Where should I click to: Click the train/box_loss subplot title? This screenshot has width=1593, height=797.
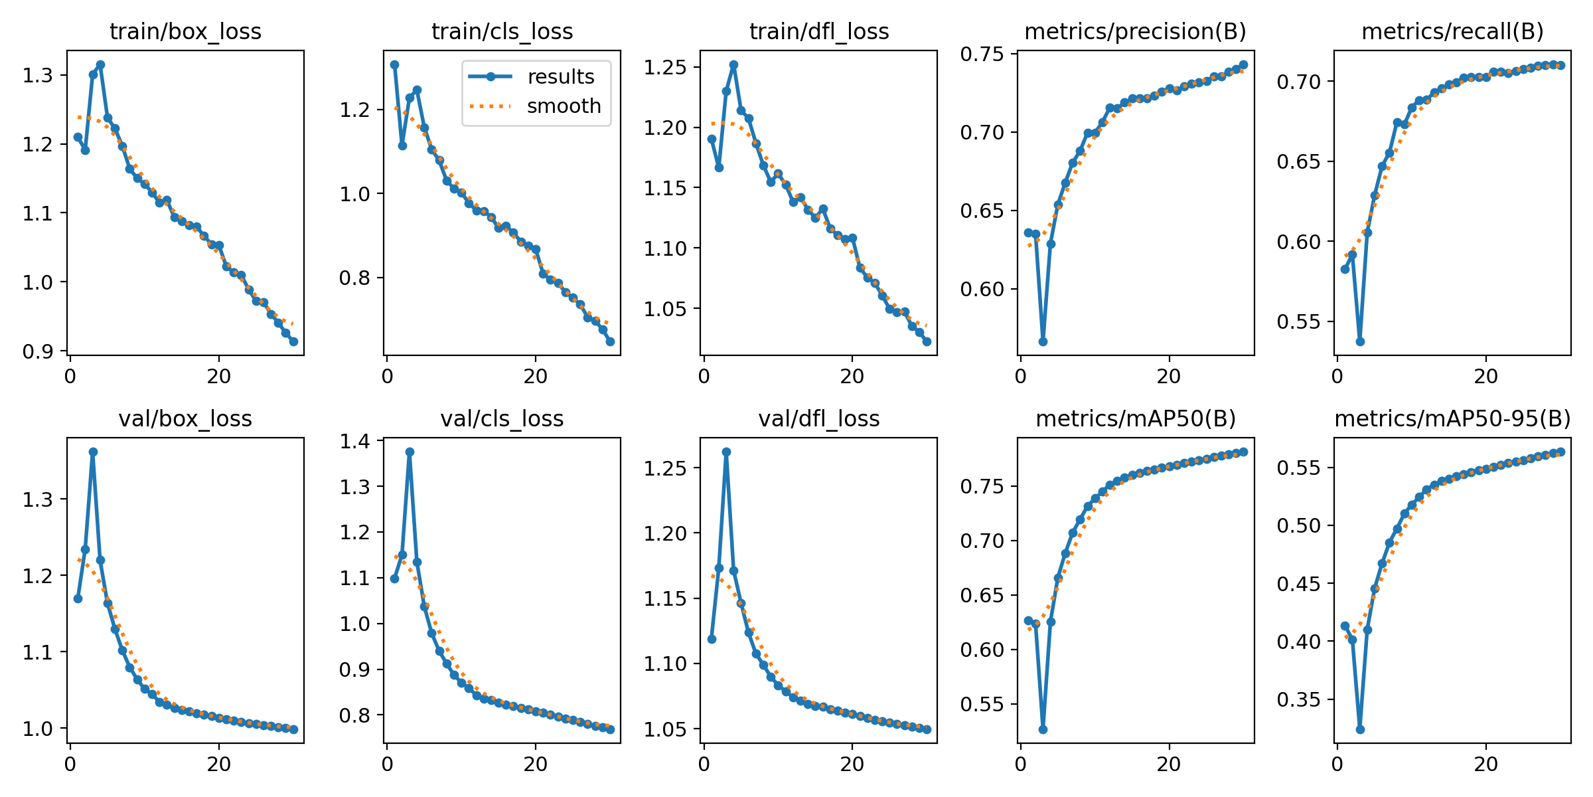point(185,32)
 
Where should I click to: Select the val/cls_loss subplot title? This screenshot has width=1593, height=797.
point(502,419)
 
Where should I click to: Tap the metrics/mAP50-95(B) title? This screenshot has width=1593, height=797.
point(1452,419)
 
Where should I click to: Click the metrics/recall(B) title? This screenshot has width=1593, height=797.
point(1452,32)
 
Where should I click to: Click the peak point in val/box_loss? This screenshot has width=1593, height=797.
point(93,452)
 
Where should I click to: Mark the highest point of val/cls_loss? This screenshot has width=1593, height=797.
point(410,452)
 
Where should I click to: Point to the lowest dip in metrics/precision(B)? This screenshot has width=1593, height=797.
point(1043,341)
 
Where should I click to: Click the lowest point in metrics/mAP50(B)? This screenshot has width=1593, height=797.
point(1043,729)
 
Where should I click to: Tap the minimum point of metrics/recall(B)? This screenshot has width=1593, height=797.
point(1360,341)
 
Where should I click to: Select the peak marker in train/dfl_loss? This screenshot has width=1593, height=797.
point(733,64)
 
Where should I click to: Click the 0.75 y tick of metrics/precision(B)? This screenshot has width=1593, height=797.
point(988,54)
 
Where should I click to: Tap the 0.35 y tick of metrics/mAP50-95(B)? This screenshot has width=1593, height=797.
point(1304,699)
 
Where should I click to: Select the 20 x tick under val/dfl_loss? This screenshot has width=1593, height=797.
point(852,764)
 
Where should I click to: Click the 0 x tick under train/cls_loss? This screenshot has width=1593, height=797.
point(388,377)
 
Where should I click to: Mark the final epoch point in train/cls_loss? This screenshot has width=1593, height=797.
point(610,341)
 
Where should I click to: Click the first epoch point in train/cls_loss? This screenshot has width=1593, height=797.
point(394,64)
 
